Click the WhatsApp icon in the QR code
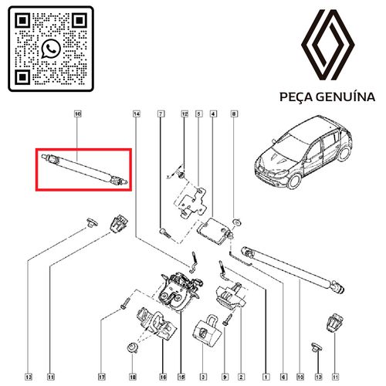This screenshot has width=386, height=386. pos(51,49)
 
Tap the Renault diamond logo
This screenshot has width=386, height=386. pos(328,45)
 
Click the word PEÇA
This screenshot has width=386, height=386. pos(296,97)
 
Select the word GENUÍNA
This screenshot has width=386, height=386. pos(345,97)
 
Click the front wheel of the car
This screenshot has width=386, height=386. pos(293,181)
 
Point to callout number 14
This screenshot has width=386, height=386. pos(137,113)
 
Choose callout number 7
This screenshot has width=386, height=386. pos(161,113)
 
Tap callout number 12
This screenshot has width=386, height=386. pos(185,113)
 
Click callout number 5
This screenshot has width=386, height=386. pos(198,113)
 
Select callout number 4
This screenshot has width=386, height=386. pos(213,113)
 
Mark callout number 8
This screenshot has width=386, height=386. pos(234,113)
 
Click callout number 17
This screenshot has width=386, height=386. pos(102,378)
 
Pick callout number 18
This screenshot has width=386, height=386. pos(133,378)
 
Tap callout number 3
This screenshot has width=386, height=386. pos(203,378)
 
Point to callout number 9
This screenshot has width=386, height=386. pos(225,378)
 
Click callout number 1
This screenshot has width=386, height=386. pos(266,378)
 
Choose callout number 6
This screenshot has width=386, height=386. pos(283,378)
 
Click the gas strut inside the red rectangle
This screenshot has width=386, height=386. pos(84,169)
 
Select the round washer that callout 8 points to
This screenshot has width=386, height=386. pos(236,222)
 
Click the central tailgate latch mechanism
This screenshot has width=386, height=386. pos(180,291)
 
